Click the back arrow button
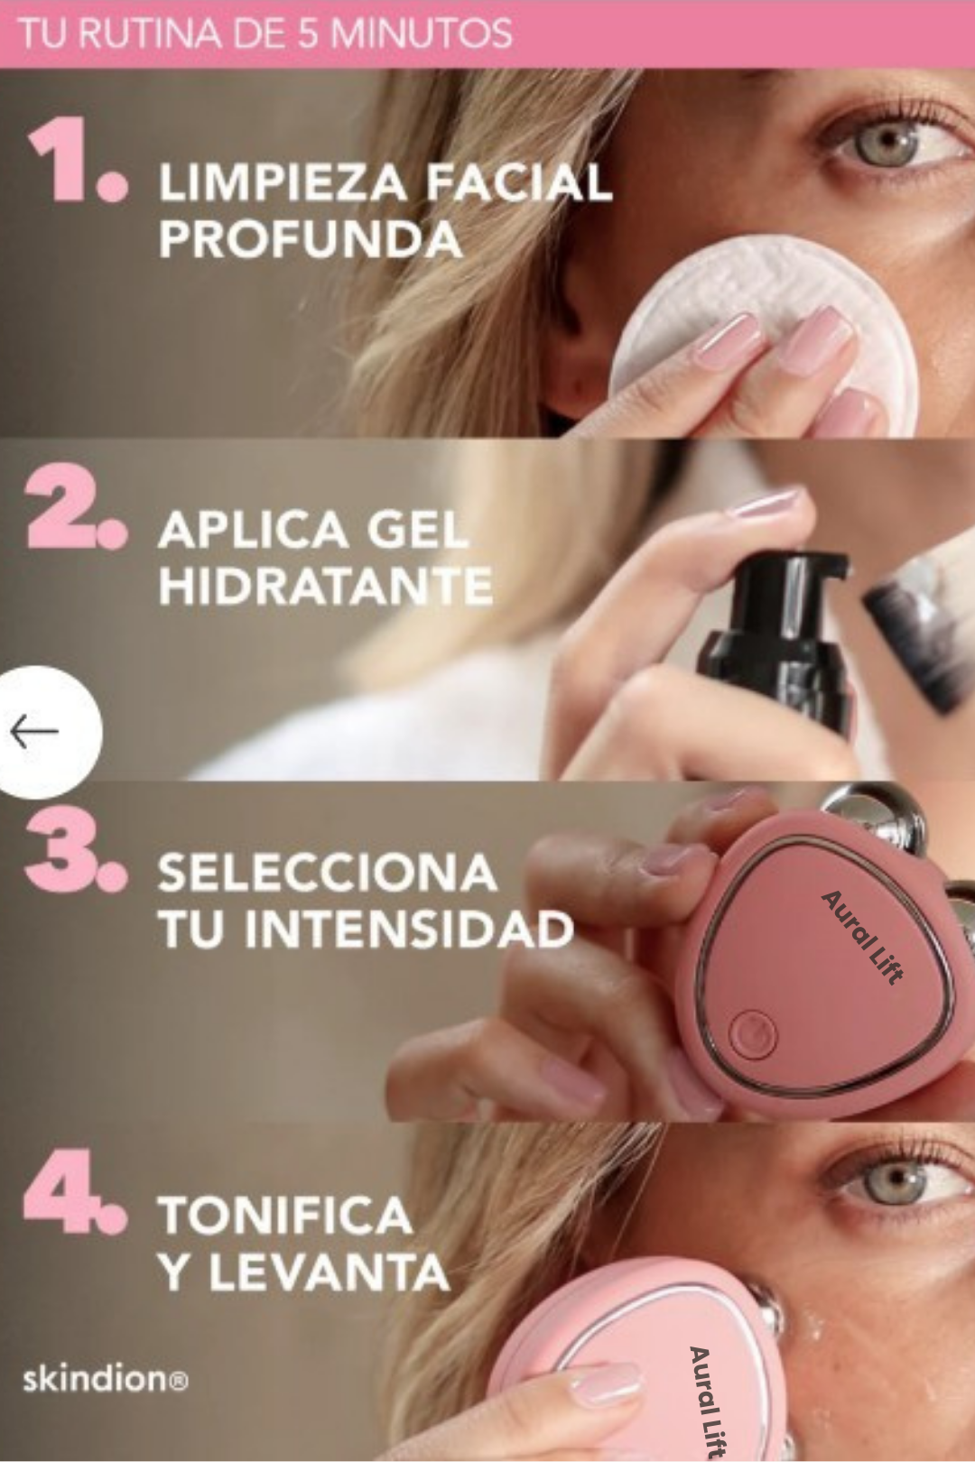tap(36, 731)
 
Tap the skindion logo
tap(105, 1380)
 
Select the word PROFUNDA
tap(311, 240)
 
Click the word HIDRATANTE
tap(325, 587)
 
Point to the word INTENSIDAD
tap(409, 930)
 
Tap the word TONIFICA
tap(285, 1216)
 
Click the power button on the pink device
tap(752, 1034)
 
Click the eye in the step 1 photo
tap(889, 144)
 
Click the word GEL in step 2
tap(417, 531)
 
